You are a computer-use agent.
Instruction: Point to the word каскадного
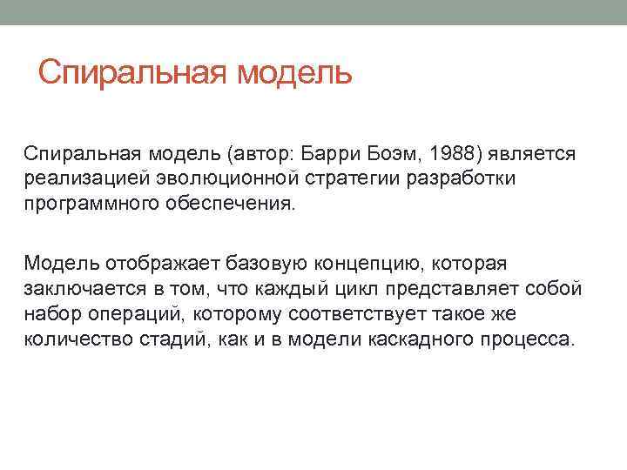pyautogui.click(x=420, y=338)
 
